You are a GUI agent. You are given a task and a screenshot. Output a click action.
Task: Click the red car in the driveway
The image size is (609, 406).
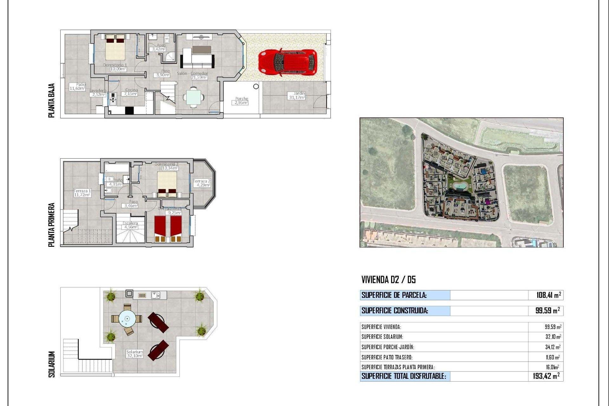287,62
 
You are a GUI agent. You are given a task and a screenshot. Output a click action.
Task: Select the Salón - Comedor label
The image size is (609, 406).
192,75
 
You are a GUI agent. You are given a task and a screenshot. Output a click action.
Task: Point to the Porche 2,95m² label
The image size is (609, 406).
241,101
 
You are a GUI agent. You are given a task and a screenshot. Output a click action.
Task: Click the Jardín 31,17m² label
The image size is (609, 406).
297,95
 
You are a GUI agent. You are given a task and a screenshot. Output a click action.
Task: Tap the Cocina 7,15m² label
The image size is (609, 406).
131,92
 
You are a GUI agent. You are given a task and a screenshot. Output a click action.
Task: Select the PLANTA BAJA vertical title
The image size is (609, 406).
52,100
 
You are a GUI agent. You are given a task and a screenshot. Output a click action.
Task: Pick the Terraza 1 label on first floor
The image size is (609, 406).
82,193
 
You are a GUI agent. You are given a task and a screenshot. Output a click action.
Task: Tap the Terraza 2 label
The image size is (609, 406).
202,183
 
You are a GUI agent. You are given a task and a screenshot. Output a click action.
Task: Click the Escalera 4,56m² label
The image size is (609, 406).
130,225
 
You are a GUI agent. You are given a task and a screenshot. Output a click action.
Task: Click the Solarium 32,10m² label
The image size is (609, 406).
134,354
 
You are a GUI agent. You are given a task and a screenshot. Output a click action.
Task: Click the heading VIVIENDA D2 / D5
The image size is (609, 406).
388,279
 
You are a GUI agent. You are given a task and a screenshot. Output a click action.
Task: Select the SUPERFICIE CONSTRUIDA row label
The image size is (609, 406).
395,311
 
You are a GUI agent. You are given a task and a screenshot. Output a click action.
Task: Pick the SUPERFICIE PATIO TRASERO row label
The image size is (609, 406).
387,357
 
